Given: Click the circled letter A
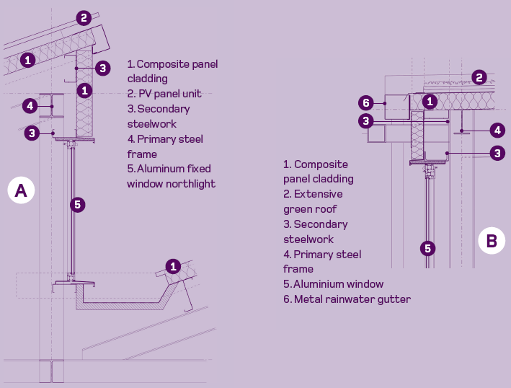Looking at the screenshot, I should (x=21, y=190).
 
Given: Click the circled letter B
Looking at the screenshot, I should (x=492, y=240).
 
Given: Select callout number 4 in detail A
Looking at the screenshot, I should (x=29, y=106).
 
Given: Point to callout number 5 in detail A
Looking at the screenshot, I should (x=77, y=205).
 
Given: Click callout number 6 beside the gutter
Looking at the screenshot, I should (x=366, y=102).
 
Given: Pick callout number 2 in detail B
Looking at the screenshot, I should (x=480, y=77).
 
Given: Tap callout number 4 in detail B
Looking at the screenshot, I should (x=497, y=131).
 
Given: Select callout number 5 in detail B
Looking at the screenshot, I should (x=428, y=248).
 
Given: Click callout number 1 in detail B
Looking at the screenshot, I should (x=430, y=102).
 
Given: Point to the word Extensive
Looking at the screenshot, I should (x=319, y=194).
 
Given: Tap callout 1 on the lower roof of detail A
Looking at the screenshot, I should (x=173, y=266).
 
